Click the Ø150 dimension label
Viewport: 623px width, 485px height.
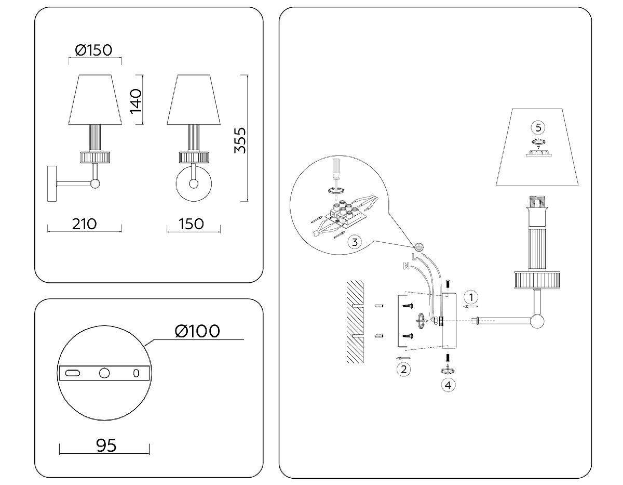[x=93, y=50]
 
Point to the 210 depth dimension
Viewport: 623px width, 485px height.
[x=84, y=224]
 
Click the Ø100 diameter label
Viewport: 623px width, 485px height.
[x=197, y=331]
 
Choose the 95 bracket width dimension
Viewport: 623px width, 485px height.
[x=106, y=445]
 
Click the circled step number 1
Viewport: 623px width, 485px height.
[x=470, y=297]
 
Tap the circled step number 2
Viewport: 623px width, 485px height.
[x=403, y=370]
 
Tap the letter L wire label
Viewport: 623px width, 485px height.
[x=414, y=257]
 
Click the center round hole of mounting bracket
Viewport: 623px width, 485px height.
[x=104, y=373]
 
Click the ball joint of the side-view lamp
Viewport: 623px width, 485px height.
[x=95, y=183]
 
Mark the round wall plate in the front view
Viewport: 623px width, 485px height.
[x=194, y=183]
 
